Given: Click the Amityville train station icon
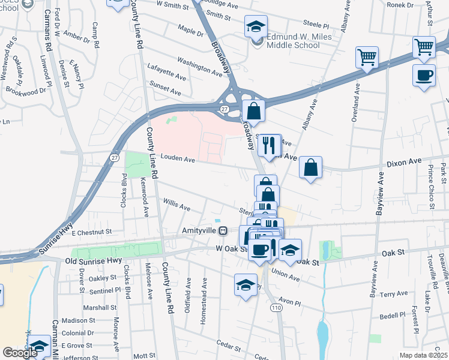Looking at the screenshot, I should pos(223,230).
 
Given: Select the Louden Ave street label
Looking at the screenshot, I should pos(175,160).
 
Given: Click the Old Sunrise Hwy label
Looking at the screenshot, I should pos(93,260).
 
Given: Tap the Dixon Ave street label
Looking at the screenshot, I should pos(408,162).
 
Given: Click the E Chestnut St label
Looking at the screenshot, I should pos(91,231).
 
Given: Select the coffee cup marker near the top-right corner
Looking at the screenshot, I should pos(424,76).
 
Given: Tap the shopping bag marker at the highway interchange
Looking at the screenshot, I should pos(255,111).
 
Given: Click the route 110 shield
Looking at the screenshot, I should pos(276,307).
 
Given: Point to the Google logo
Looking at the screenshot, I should pos(20,353).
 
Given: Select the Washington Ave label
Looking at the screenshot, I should pos(200,66).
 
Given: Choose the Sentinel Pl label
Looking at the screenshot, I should pos(97,290).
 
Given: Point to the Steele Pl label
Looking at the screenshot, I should pos(317,26).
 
